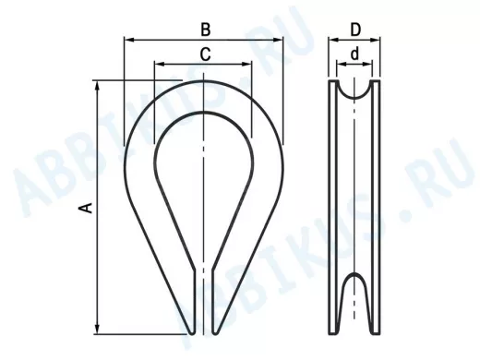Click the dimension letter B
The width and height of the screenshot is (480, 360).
[206, 30]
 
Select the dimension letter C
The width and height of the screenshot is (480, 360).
[205, 54]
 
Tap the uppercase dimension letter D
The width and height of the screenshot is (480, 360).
[355, 30]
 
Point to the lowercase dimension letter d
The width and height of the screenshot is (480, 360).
[354, 54]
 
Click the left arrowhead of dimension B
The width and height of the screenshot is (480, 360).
[129, 40]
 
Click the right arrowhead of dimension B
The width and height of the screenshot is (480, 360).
[278, 40]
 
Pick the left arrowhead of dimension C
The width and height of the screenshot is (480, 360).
[159, 64]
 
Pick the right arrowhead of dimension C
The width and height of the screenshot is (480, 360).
[247, 64]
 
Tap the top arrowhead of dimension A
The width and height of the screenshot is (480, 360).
[98, 86]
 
